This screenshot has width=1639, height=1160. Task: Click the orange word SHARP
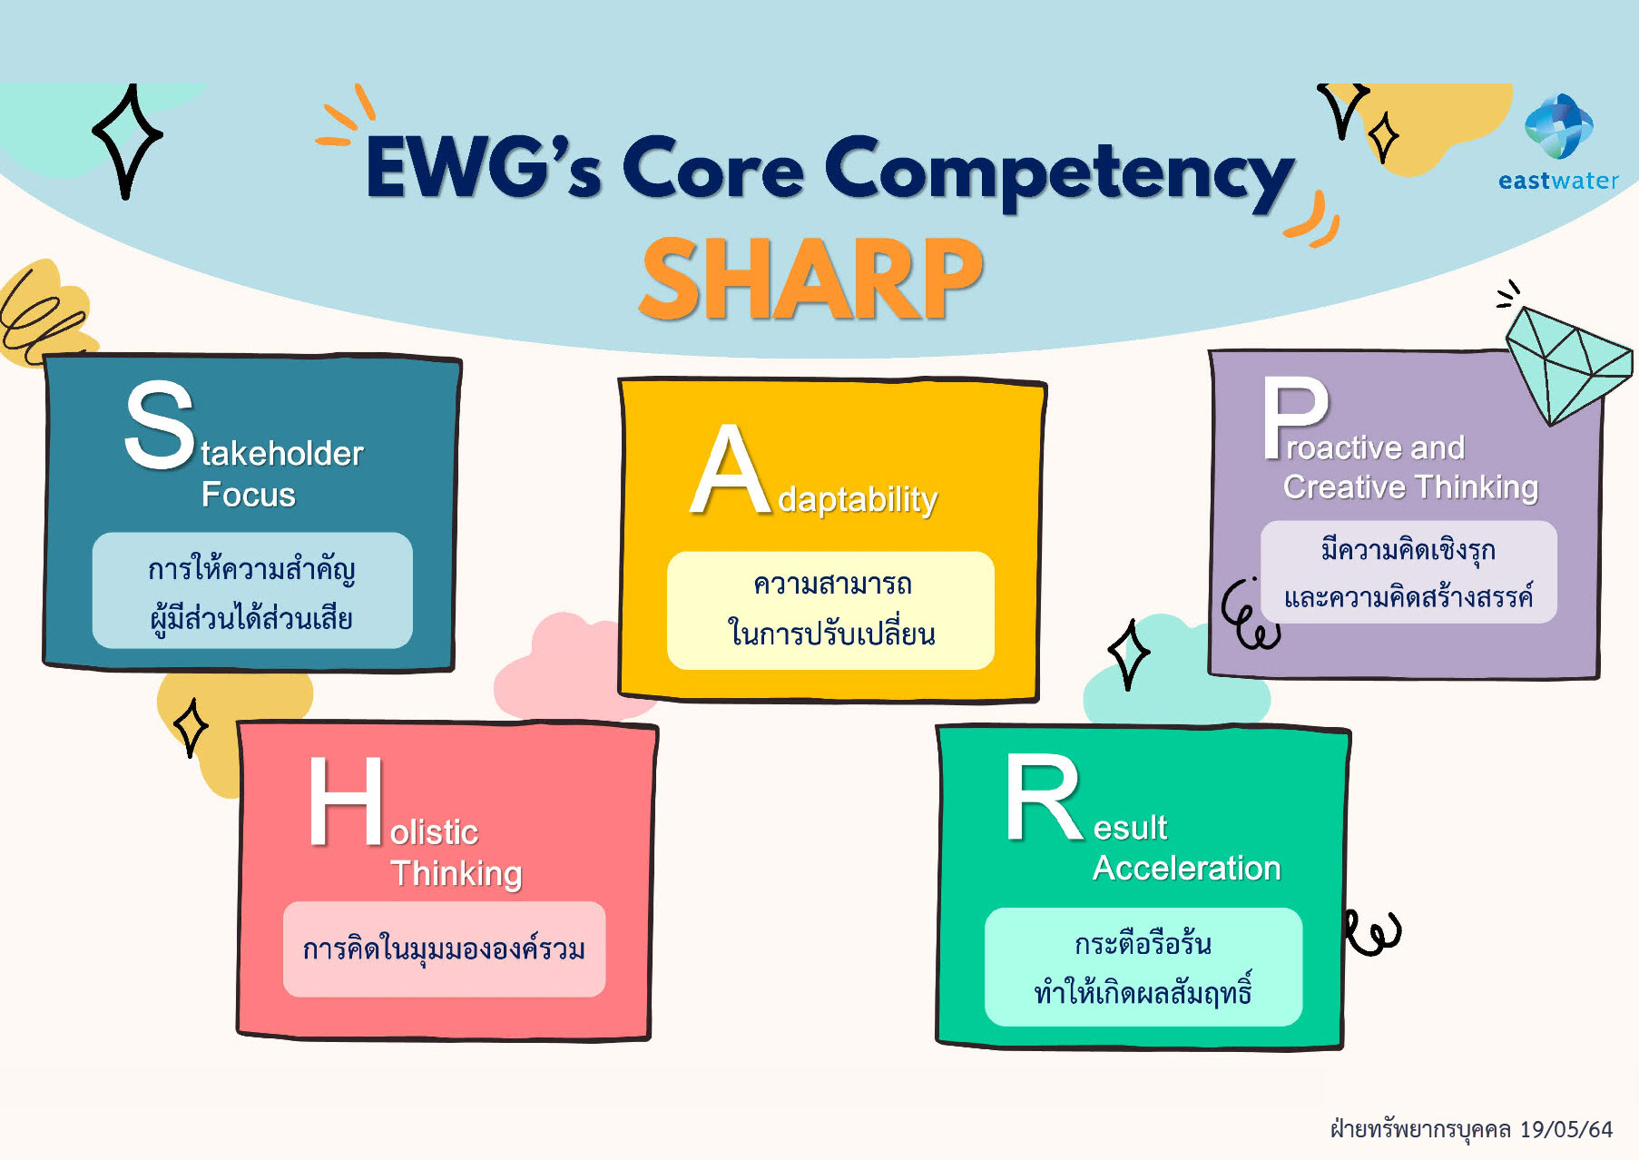coord(811,279)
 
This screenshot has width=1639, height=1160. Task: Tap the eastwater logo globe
coord(1558,126)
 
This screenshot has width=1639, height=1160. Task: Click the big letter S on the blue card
coord(160,425)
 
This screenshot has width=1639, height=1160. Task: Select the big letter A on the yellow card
coord(731,469)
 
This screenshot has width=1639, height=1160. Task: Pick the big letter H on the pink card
coord(345,801)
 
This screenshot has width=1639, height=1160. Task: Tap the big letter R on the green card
coord(1043,798)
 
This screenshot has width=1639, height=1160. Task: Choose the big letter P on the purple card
coord(1295,418)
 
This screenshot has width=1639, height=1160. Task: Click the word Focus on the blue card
coord(249,495)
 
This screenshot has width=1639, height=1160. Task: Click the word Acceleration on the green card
coord(1186,869)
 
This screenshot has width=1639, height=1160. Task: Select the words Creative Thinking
coord(1410,487)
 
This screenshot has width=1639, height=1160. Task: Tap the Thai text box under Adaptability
coord(830,610)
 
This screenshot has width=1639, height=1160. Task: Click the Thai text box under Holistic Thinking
coord(444,949)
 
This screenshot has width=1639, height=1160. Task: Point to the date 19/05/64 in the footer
coord(1566,1129)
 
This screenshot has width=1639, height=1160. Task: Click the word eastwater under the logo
coord(1558,181)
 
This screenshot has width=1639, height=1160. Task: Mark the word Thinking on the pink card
coord(456,873)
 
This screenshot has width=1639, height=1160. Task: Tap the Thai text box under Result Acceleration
coord(1143,967)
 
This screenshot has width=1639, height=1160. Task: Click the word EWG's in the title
coord(483,167)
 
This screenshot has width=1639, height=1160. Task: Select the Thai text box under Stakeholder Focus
coord(252,590)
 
